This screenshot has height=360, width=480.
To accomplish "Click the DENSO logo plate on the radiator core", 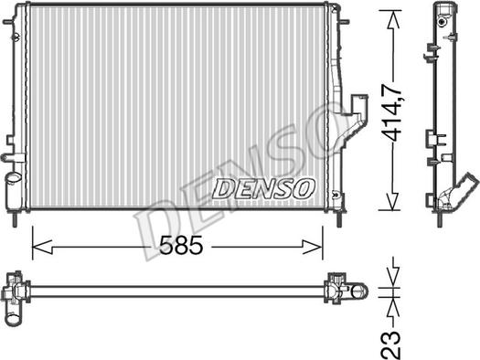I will pos(263,187).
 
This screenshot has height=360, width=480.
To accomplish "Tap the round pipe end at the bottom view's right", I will pos(359,291).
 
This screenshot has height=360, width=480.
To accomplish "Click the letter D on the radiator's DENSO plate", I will pos(222,188).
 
